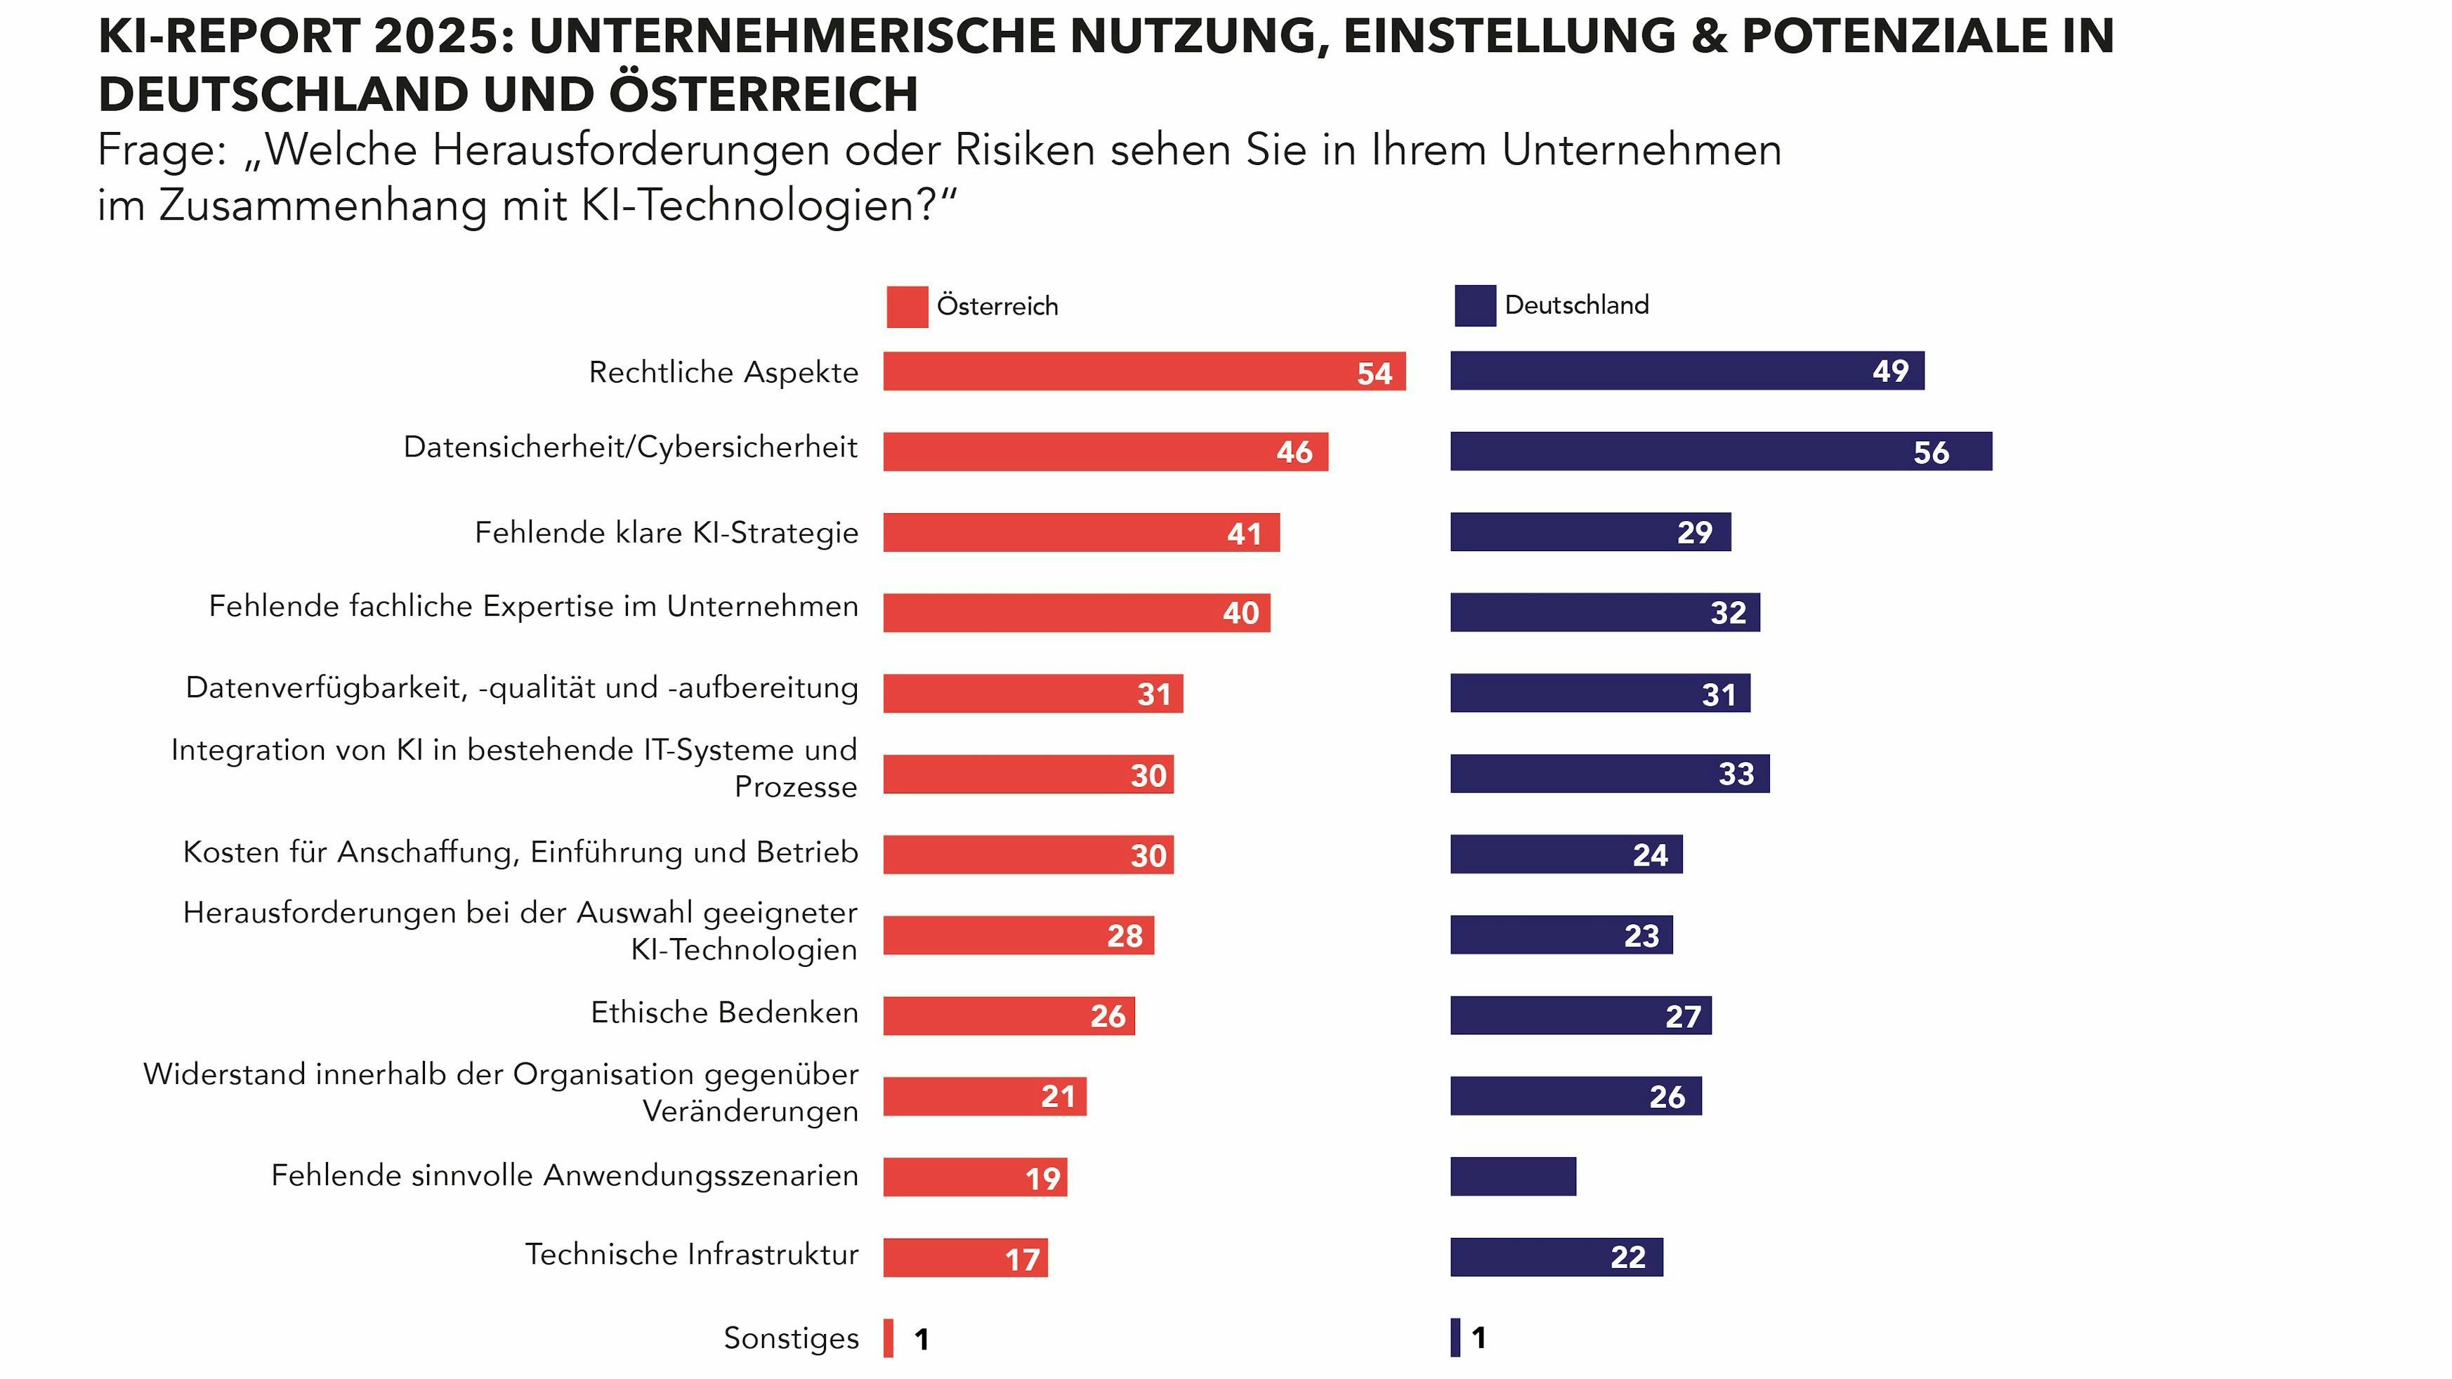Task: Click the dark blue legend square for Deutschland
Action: click(1474, 305)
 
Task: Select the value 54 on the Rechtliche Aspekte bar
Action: click(1374, 373)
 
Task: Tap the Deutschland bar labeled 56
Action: click(1720, 451)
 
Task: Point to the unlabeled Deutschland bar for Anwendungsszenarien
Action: click(1512, 1176)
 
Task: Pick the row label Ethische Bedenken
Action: click(724, 1012)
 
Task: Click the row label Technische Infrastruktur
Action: click(691, 1254)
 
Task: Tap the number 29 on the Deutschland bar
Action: click(1694, 532)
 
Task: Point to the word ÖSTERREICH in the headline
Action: click(763, 94)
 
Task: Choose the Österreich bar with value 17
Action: click(964, 1258)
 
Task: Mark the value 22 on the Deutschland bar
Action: click(1627, 1258)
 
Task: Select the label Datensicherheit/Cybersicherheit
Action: click(630, 447)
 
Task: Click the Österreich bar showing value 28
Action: click(1018, 935)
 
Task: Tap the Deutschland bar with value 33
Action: click(1608, 774)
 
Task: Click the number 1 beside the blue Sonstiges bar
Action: click(1479, 1338)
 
